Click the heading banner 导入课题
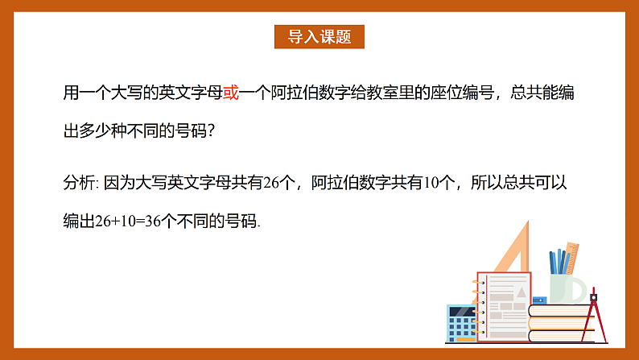tap(319, 37)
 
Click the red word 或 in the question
tap(231, 93)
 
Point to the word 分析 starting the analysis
tap(77, 183)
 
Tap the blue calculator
tap(462, 325)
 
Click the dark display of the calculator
tap(462, 313)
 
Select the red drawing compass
tap(593, 314)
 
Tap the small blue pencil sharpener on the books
tap(538, 300)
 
